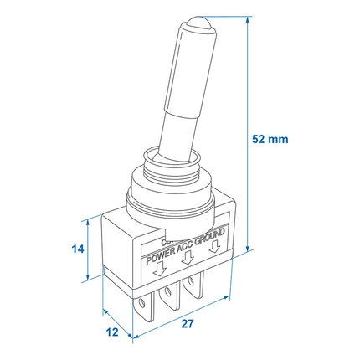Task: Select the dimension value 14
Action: click(x=75, y=249)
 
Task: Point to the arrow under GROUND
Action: click(x=217, y=249)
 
